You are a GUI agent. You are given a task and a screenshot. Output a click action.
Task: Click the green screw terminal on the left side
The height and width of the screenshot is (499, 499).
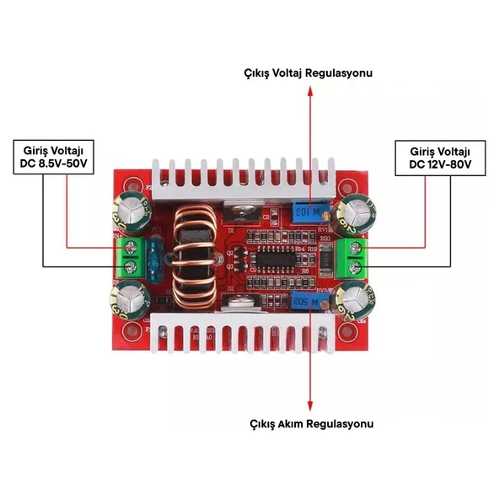[131, 258]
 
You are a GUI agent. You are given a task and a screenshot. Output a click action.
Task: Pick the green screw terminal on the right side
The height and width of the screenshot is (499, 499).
[352, 257]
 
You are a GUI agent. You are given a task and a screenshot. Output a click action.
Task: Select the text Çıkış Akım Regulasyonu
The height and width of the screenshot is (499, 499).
[311, 423]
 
